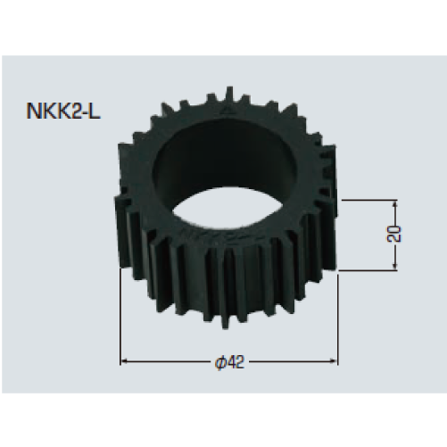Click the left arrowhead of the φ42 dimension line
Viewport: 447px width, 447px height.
(123, 361)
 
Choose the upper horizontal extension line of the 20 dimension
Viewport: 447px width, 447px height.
(366, 201)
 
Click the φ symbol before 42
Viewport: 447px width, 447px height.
(219, 361)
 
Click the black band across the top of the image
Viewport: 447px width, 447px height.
(223, 27)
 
